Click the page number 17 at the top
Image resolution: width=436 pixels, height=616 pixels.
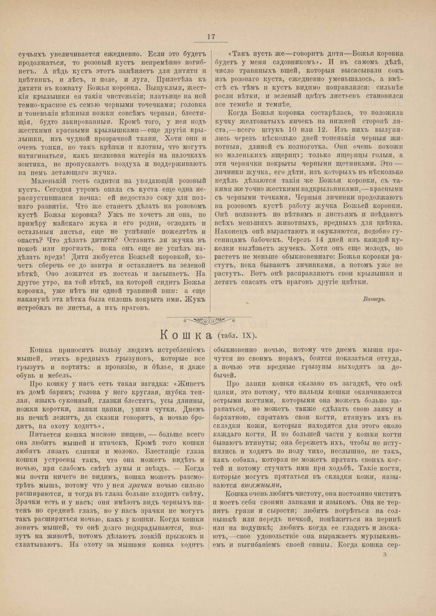211,37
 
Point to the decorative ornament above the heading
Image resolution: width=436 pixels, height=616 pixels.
210,320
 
